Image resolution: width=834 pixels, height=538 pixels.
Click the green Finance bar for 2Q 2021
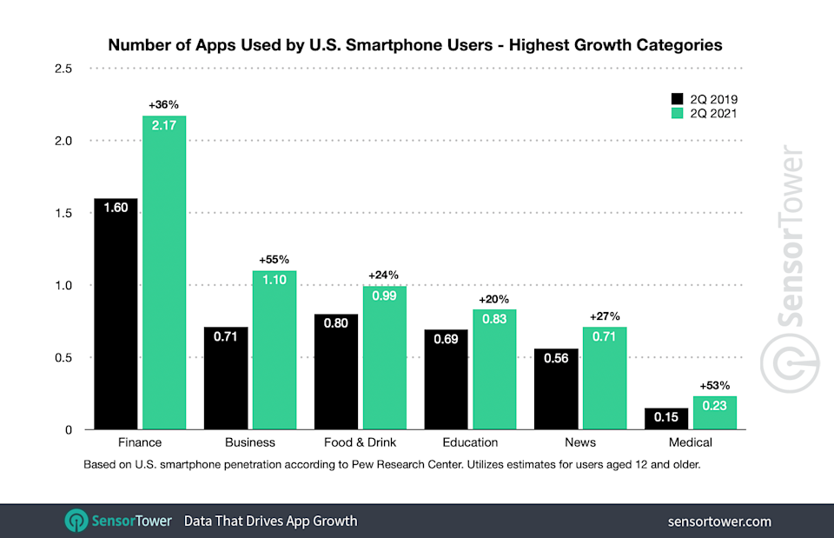[164, 278]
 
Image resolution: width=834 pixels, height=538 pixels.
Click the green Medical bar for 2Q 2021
[715, 414]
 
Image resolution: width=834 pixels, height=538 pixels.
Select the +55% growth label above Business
[275, 259]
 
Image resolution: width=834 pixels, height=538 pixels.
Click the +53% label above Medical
[715, 385]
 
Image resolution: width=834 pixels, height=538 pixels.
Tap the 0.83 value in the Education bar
[495, 320]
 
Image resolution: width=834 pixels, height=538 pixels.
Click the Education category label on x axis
[470, 442]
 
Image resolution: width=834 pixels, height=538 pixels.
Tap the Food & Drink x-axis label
[359, 442]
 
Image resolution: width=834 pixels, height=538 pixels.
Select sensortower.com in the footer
[719, 521]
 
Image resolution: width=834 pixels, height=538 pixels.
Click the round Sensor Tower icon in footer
[78, 521]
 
